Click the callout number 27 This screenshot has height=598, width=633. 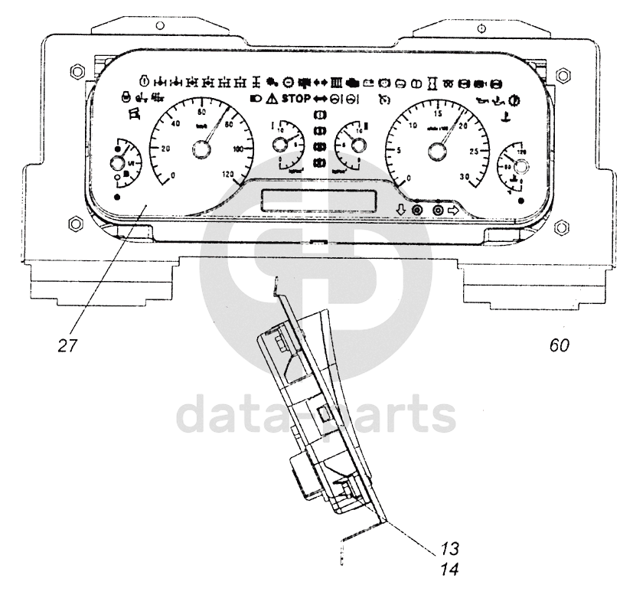(68, 345)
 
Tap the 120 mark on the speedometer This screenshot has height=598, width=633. (227, 175)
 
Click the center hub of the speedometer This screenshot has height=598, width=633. (201, 152)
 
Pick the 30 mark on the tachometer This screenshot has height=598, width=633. (464, 176)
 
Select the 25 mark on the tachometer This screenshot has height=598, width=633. (474, 153)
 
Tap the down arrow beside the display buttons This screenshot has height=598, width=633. (400, 211)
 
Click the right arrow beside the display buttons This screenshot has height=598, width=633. (453, 211)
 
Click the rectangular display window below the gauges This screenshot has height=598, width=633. (319, 201)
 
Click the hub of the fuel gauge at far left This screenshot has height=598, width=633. (118, 162)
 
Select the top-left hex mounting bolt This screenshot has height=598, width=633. (74, 72)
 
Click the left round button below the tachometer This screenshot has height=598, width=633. (417, 211)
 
